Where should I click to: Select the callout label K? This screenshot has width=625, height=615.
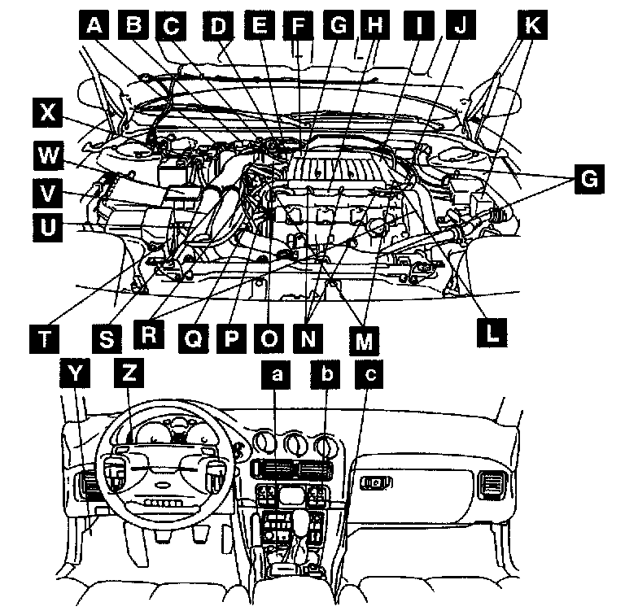coord(531,25)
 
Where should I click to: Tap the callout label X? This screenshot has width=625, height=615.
coord(49,113)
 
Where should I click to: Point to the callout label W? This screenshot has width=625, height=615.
coord(49,153)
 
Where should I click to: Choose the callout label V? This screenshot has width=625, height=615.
coord(49,192)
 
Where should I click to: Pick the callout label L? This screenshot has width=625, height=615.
coord(491,329)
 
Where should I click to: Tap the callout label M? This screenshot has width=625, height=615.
coord(362,339)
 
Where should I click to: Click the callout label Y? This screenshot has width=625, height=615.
coord(76,373)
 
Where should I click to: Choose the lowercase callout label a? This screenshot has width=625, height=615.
coord(278,373)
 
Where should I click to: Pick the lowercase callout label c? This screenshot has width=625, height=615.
coord(370,373)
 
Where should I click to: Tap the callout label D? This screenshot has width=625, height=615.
coord(219,25)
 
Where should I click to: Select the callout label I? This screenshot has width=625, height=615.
coord(418,25)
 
